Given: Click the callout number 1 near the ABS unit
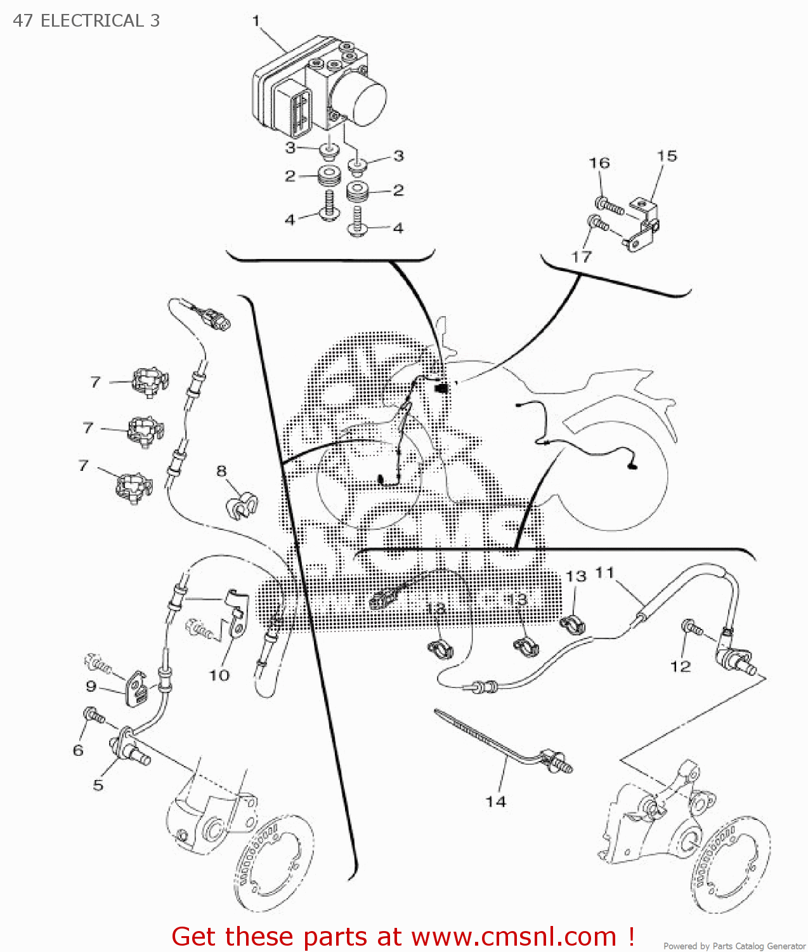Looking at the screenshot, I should (x=256, y=21).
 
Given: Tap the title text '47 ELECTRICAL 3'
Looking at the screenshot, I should (x=86, y=21).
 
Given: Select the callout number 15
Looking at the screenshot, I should (x=667, y=156).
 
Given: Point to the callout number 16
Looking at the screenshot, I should (x=599, y=163).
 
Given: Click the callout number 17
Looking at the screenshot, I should (x=582, y=257).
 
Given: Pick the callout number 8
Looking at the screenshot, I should (x=221, y=471).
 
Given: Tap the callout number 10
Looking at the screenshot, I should (x=219, y=675).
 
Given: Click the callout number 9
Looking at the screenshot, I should (x=91, y=686).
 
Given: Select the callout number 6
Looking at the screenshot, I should (x=78, y=750).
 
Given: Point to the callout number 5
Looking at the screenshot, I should (x=98, y=785).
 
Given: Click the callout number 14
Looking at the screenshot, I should (x=496, y=802).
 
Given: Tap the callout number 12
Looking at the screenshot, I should (x=680, y=666).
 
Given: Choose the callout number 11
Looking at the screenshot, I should (x=605, y=573).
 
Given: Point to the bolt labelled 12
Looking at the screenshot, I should (x=691, y=628).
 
